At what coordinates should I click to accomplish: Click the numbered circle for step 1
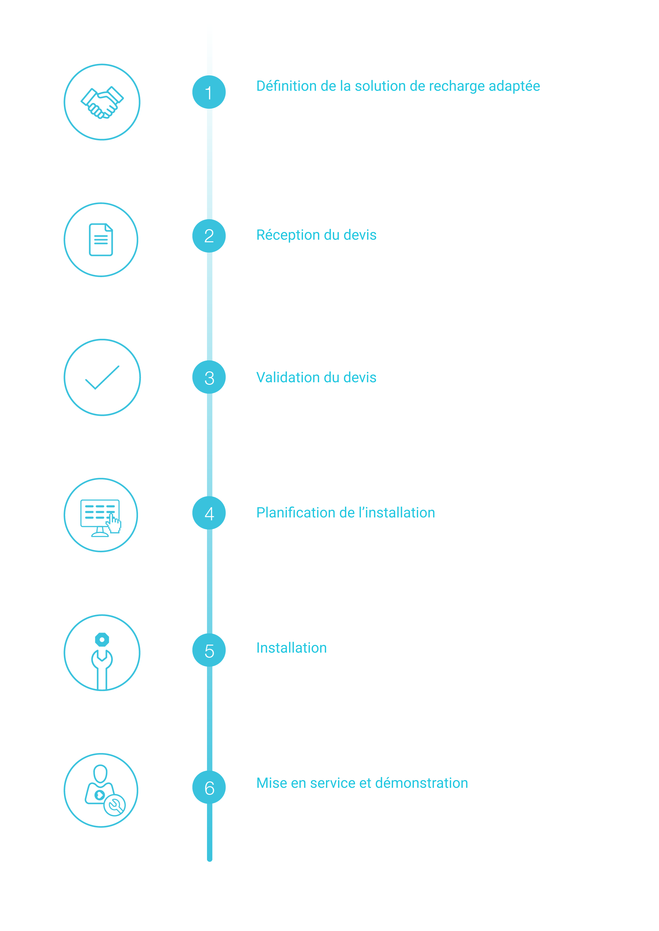click(x=209, y=92)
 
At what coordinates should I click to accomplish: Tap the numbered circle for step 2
click(x=209, y=236)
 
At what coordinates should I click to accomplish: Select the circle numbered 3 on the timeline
click(x=209, y=377)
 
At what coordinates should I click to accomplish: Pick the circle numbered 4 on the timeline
click(x=209, y=513)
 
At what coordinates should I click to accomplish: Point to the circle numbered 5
click(x=209, y=650)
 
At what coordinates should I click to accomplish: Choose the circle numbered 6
click(x=209, y=787)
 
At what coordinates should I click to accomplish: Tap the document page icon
click(x=101, y=240)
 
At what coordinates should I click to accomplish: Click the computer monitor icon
click(x=101, y=518)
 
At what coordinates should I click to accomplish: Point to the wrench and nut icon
click(x=102, y=661)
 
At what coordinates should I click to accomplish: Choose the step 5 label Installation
click(x=291, y=648)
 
